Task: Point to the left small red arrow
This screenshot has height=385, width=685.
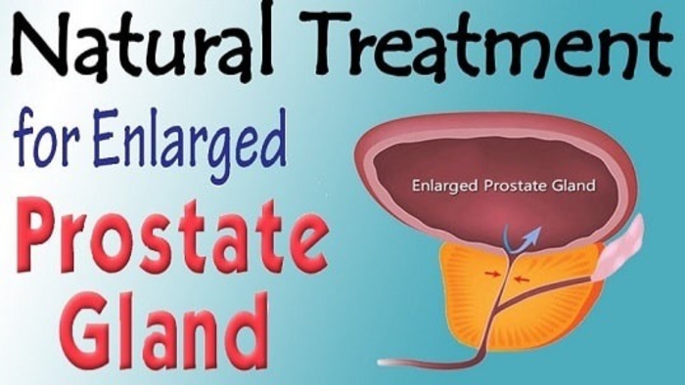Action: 492,274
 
